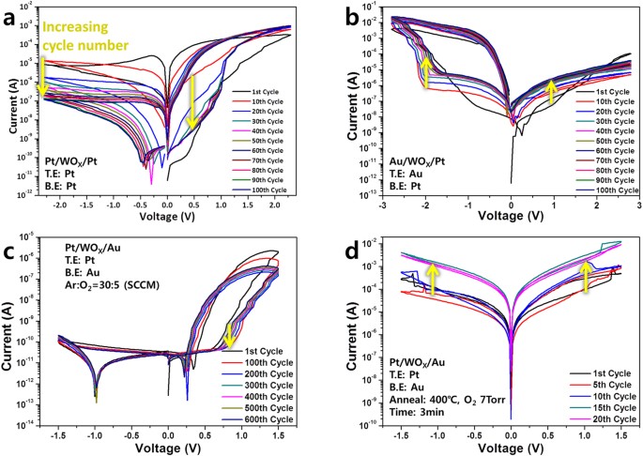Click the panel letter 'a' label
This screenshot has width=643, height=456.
click(13, 13)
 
